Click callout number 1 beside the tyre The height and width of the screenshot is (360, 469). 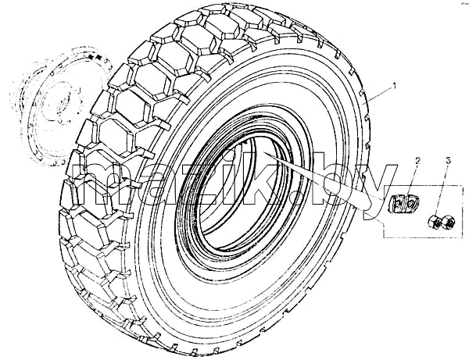395,86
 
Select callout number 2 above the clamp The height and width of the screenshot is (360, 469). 417,161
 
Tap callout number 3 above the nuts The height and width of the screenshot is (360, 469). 448,161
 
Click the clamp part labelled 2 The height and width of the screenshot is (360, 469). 403,203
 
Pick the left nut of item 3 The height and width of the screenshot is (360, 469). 433,223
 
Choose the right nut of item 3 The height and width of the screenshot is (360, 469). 448,221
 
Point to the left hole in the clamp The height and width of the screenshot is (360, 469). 397,205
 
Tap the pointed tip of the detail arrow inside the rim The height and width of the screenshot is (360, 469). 263,153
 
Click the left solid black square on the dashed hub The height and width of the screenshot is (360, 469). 91,57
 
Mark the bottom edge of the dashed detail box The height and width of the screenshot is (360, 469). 423,238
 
